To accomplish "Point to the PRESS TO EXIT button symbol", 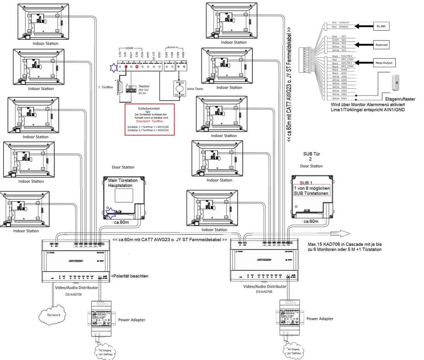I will click(x=179, y=89).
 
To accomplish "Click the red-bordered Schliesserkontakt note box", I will click(x=149, y=120).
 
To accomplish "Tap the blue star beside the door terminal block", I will click(x=113, y=67).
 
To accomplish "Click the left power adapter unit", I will click(x=101, y=318).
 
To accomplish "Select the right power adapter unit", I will click(x=289, y=317).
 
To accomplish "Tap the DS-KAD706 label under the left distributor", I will click(x=74, y=294).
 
